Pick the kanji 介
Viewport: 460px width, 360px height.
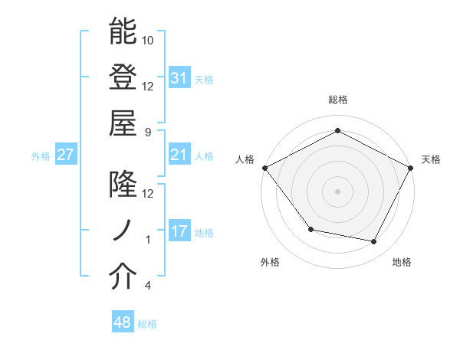(123, 277)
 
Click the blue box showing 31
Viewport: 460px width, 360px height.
(179, 77)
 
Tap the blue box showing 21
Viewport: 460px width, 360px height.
(179, 155)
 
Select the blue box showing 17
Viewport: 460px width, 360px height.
(179, 232)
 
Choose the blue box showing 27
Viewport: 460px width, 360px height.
(66, 155)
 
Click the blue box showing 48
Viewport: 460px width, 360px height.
(123, 323)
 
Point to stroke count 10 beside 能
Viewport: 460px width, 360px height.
(148, 39)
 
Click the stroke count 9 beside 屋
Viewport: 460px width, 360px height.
(148, 131)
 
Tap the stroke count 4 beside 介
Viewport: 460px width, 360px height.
(148, 286)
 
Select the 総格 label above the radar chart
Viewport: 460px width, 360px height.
(337, 100)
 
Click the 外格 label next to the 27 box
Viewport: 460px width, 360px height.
(41, 156)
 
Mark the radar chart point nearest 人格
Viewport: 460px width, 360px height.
(264, 167)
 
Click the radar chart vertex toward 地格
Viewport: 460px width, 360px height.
(374, 242)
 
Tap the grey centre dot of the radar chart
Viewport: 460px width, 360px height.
(337, 191)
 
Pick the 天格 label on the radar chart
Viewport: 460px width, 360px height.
(432, 159)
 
